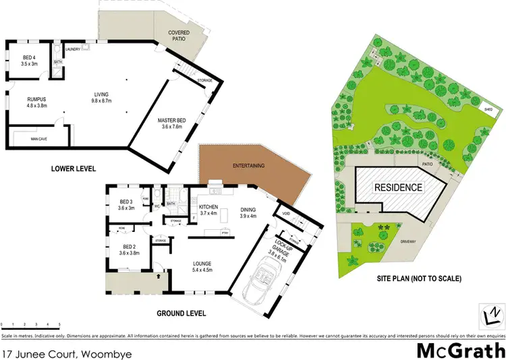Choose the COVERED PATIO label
[179, 36]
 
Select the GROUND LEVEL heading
[181, 313]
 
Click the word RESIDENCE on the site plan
[399, 188]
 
